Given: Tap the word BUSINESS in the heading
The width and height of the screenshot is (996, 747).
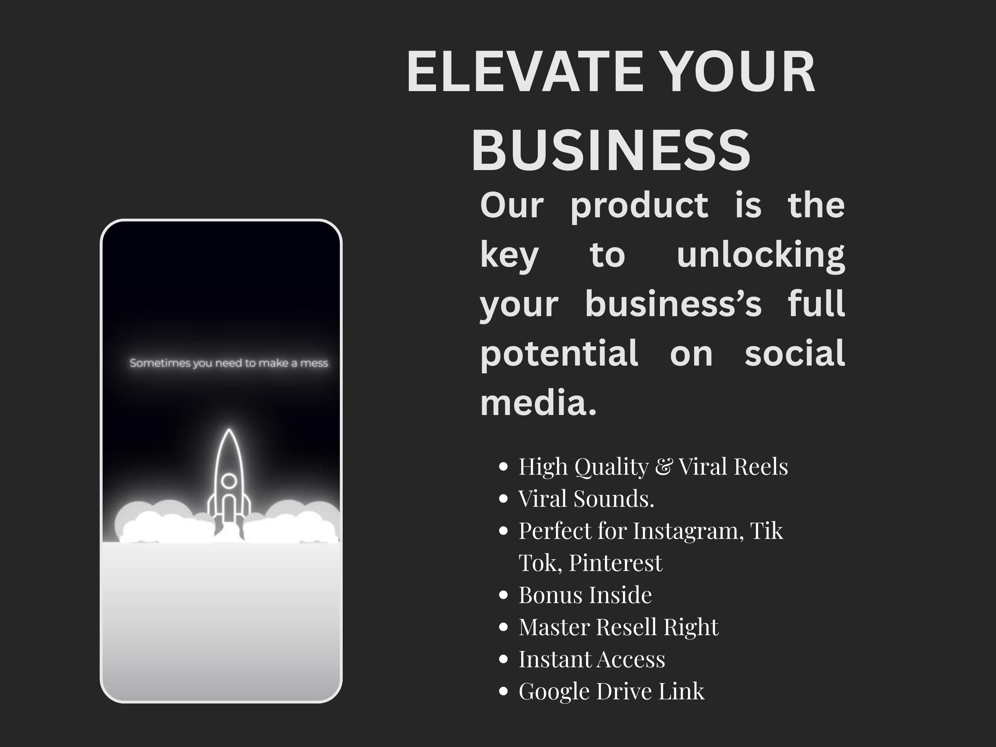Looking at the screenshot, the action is click(611, 149).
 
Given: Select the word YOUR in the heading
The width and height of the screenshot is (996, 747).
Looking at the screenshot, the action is click(740, 72).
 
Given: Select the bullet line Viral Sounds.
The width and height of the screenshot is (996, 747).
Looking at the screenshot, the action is click(586, 498).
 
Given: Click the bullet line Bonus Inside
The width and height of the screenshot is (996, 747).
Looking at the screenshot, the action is click(585, 595).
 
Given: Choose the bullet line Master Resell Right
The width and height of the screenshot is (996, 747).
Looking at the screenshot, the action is click(619, 627).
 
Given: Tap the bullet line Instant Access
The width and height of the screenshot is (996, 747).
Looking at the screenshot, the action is click(592, 659).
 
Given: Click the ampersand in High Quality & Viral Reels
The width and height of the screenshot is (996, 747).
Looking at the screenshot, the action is click(663, 467).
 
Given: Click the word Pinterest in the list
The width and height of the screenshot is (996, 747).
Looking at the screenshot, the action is click(616, 563).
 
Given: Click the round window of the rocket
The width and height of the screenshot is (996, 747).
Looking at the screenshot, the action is click(229, 480).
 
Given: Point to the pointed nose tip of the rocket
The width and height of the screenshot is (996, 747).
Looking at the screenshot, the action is click(229, 429).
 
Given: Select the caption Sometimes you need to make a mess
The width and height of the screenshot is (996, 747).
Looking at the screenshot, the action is click(229, 363).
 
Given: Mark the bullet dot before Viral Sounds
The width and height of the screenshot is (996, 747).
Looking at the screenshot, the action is click(504, 498).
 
